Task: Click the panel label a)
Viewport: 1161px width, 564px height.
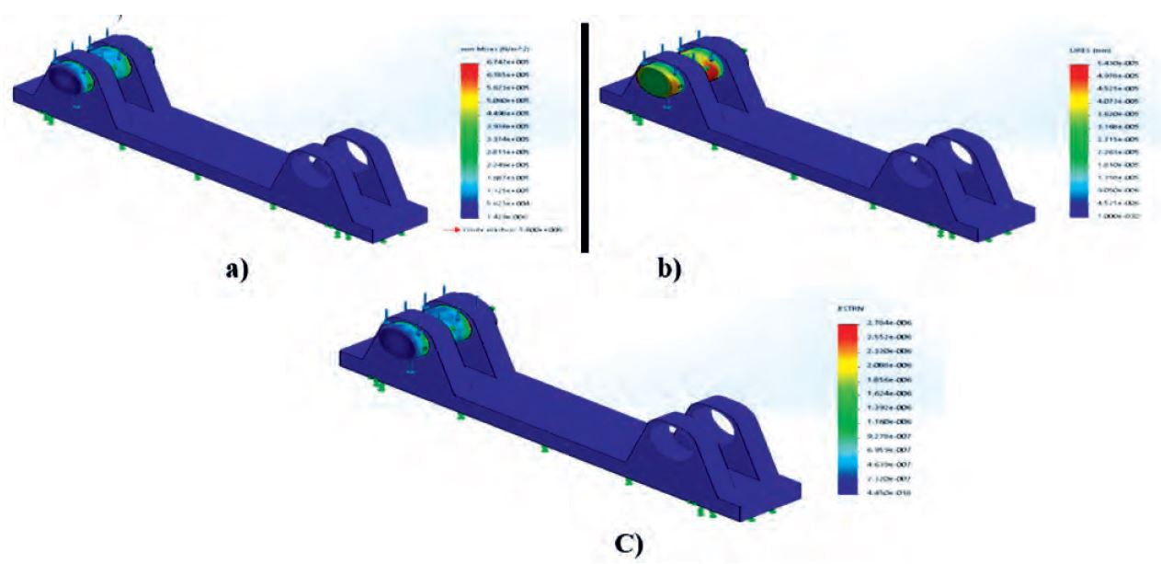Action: pos(232,269)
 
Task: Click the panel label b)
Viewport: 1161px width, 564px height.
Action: pos(667,269)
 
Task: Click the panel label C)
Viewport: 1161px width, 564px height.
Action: pos(631,543)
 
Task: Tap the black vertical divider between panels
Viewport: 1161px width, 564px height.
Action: pos(584,138)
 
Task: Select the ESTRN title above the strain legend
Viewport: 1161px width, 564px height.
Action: pos(848,311)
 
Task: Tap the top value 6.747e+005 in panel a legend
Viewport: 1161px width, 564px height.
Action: pos(499,62)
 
